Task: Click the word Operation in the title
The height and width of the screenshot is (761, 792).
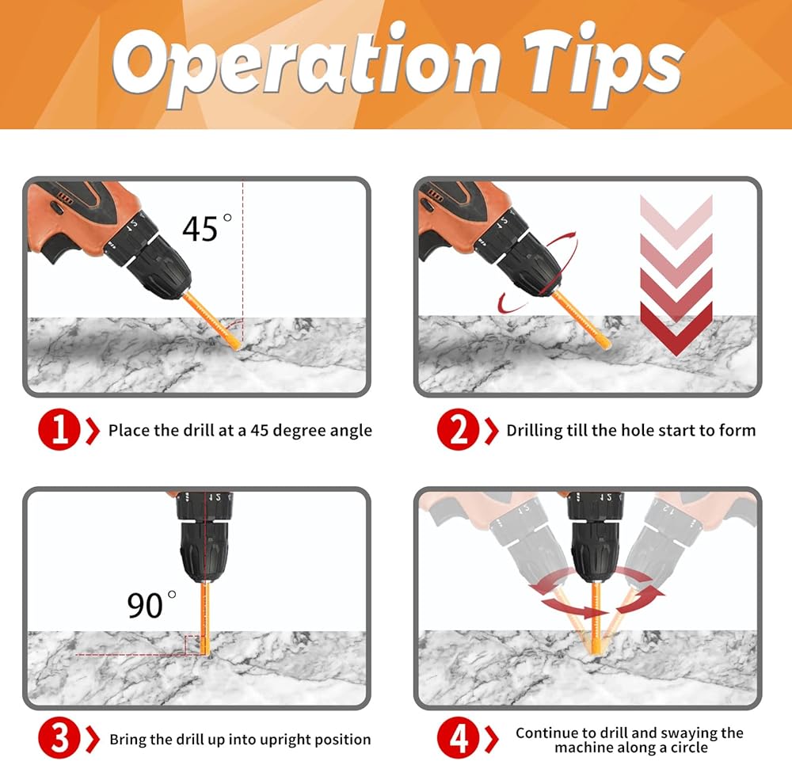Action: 306,65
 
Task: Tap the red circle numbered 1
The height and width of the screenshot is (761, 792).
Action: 59,429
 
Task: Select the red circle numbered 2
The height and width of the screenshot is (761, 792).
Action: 458,429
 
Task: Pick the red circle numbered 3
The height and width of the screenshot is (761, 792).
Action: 59,738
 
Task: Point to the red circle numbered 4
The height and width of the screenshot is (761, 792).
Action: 458,738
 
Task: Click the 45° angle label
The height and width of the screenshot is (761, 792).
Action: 207,228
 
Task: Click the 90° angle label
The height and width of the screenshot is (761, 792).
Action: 151,604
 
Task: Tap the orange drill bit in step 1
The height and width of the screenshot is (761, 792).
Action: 211,320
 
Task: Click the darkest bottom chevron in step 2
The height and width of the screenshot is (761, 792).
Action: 676,329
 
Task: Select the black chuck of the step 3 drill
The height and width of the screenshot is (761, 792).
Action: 204,551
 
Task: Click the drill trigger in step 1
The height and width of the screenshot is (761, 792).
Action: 57,249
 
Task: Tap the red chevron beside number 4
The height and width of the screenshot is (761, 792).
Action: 492,738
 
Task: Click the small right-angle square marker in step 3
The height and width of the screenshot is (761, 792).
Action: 192,645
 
